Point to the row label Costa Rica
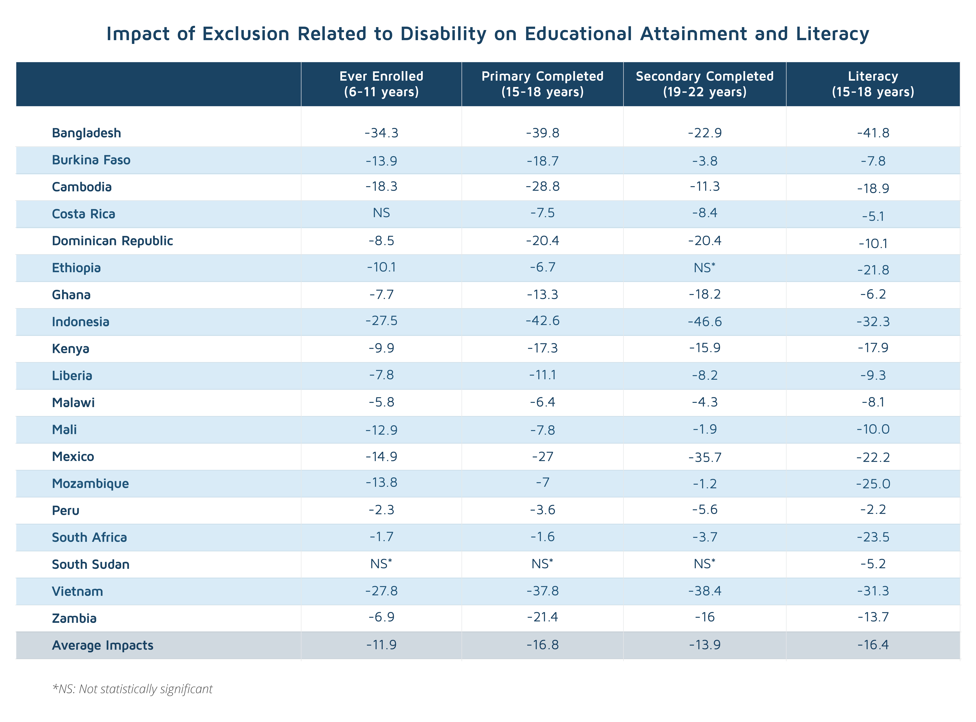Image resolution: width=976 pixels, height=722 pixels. pyautogui.click(x=83, y=214)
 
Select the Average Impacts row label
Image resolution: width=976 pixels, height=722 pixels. pyautogui.click(x=103, y=645)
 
